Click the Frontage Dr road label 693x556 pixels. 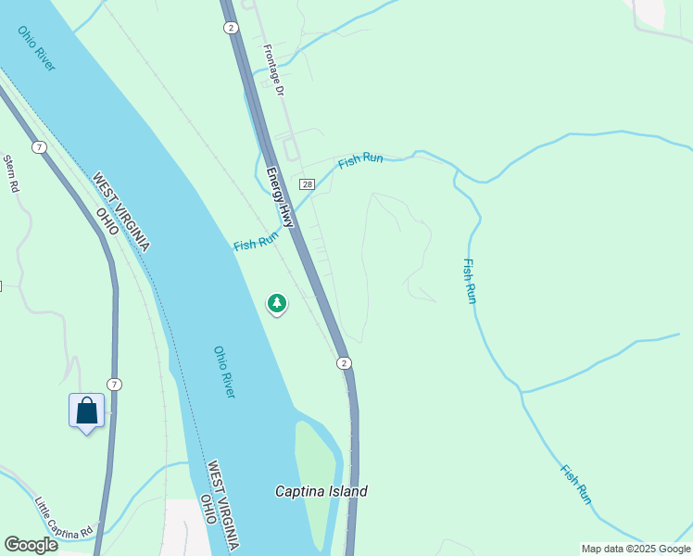point(272,70)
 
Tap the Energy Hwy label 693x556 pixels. point(280,197)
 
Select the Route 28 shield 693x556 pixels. point(308,184)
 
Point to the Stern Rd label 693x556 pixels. point(11,173)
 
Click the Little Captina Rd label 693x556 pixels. point(65,519)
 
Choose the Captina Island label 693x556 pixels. point(321,491)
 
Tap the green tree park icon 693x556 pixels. point(276,303)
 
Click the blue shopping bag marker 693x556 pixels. point(86,411)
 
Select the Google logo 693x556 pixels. point(31,545)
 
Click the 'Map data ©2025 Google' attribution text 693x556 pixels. point(636,549)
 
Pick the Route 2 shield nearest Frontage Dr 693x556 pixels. point(231,28)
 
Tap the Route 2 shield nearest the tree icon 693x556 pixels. point(344,362)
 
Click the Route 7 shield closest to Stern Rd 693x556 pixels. point(39,147)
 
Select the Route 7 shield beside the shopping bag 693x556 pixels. point(113,384)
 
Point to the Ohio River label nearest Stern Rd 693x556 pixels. point(36,47)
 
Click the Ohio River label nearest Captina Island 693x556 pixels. point(224,373)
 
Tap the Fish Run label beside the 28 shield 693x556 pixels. point(360,160)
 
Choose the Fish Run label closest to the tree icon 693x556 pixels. point(256,243)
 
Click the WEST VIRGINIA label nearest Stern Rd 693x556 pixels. point(120,211)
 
